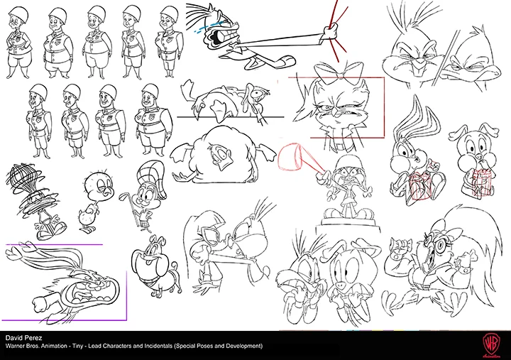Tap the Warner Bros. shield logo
pos(492,343)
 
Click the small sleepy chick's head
pos(96,187)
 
